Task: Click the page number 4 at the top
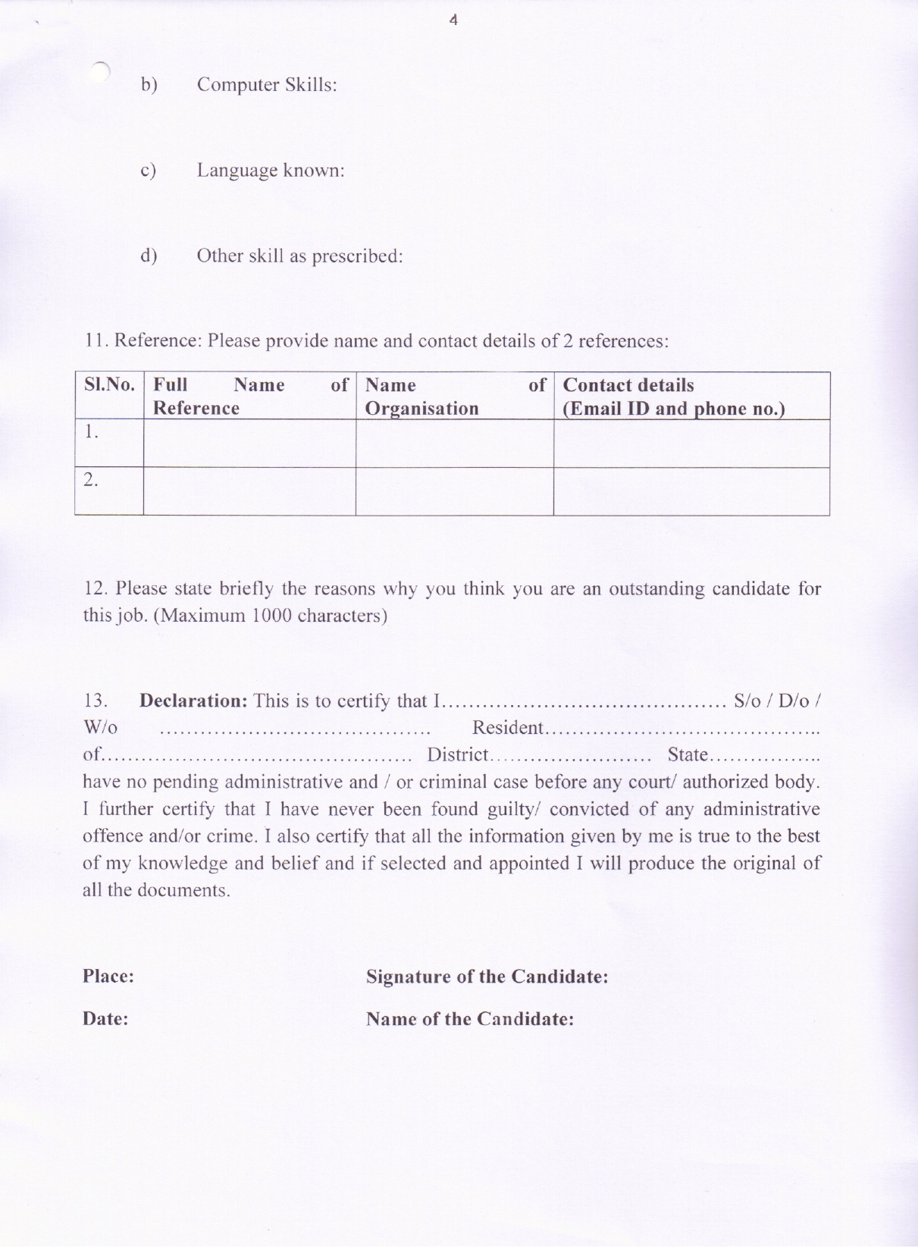click(453, 20)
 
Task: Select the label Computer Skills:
click(267, 85)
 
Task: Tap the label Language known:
click(271, 171)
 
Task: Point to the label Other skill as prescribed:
click(299, 256)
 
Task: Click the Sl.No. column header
click(109, 385)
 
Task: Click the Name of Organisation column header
click(454, 397)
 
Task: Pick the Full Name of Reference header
click(249, 397)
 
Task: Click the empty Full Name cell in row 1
click(249, 444)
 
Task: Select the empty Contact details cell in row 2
click(691, 491)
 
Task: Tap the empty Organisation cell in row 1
click(454, 444)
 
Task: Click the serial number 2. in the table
click(91, 480)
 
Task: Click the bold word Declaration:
click(193, 701)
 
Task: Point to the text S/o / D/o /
click(777, 701)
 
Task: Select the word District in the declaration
click(458, 755)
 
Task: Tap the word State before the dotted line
click(688, 755)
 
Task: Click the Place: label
click(108, 977)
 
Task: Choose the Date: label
click(105, 1019)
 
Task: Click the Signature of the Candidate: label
click(487, 977)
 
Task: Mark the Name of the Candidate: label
click(469, 1019)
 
